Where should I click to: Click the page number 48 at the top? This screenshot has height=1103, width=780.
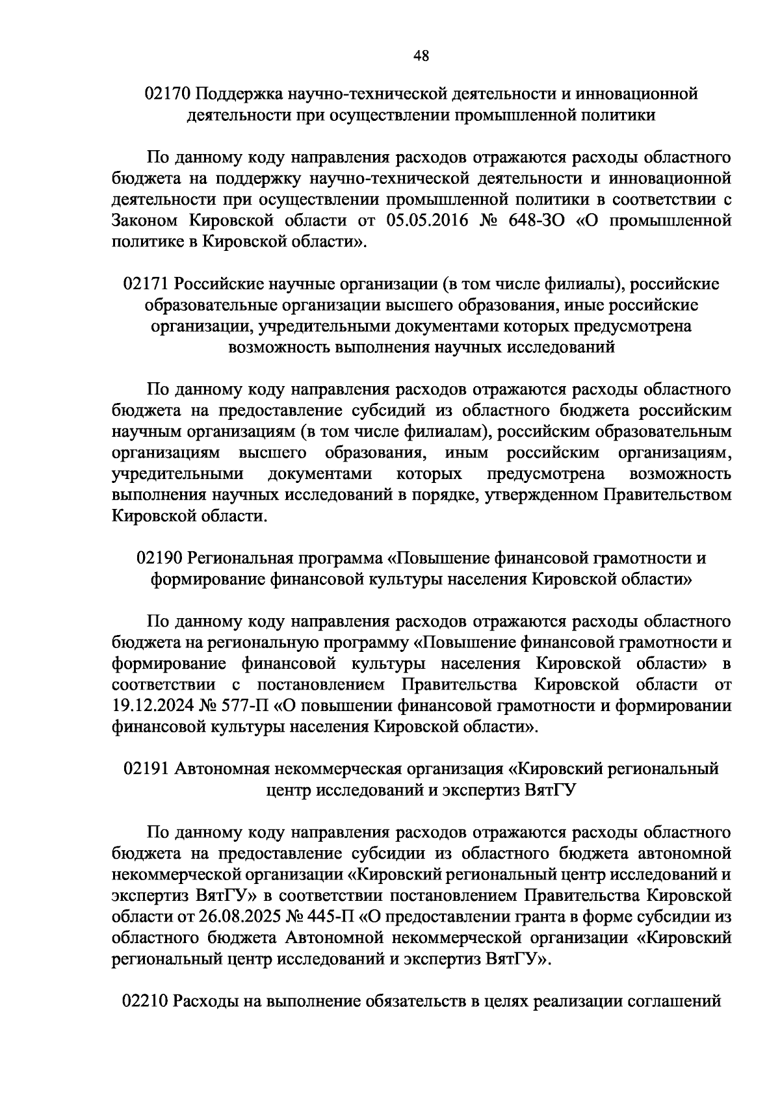(421, 57)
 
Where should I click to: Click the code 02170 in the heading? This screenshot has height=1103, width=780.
(167, 94)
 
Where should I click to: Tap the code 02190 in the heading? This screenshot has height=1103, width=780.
(159, 558)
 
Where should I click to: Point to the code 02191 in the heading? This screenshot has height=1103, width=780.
(146, 769)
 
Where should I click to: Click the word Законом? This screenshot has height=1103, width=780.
(144, 220)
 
